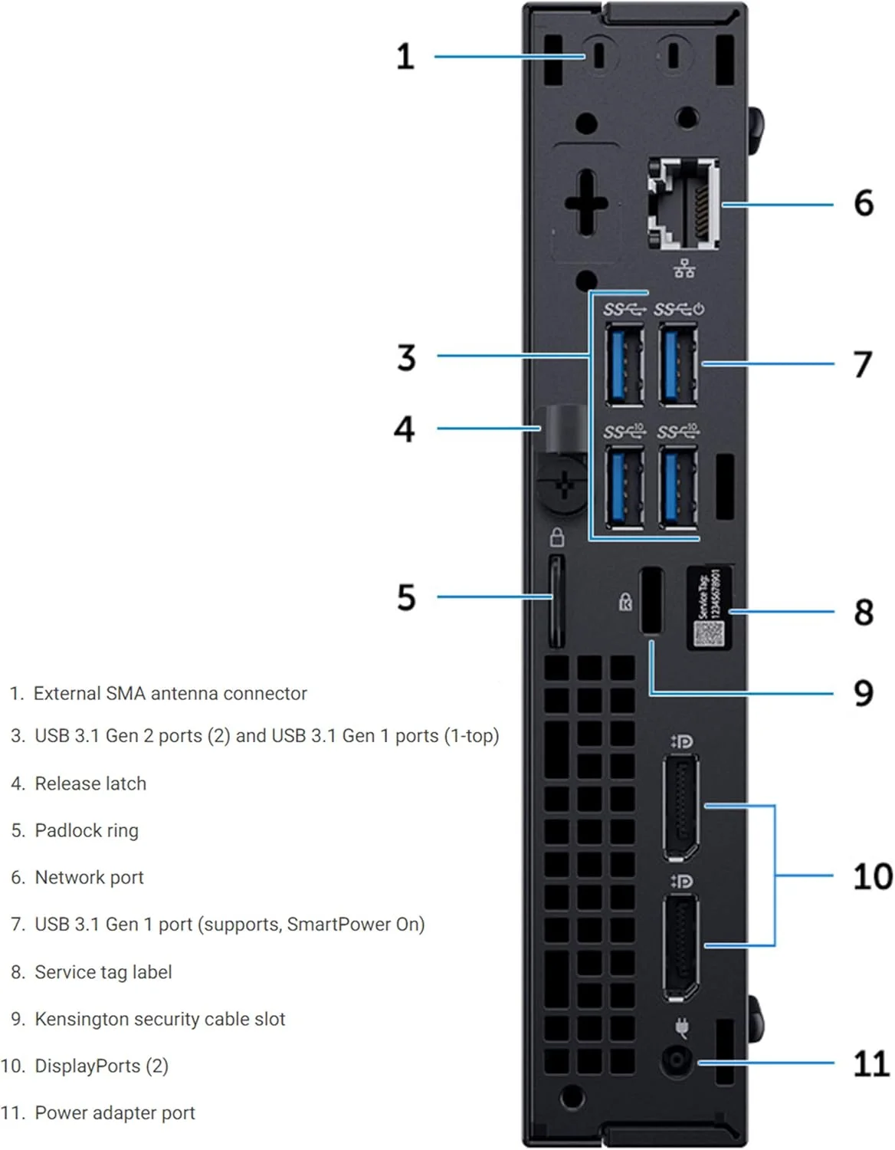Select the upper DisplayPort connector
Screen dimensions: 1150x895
[x=680, y=807]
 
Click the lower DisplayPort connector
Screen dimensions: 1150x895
[x=680, y=947]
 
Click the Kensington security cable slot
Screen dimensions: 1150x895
[x=651, y=600]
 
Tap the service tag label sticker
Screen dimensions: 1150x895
[x=709, y=608]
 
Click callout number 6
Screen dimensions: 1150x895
[x=864, y=203]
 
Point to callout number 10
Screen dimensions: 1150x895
[x=872, y=876]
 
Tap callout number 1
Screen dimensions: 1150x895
[x=405, y=57]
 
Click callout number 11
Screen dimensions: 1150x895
[x=871, y=1064]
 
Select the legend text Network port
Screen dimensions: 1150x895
[x=89, y=877]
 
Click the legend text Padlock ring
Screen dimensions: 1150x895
[x=87, y=830]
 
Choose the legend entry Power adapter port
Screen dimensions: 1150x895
[x=115, y=1112]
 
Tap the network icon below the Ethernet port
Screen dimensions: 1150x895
[x=684, y=268]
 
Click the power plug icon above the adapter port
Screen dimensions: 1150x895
[x=680, y=1027]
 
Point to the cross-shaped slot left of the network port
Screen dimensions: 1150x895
[x=586, y=203]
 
